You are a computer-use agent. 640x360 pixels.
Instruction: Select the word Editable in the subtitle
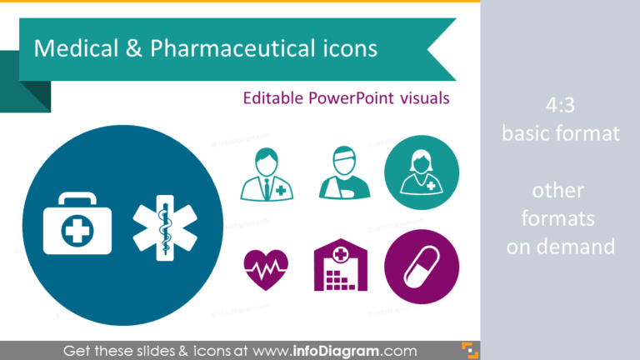(274, 97)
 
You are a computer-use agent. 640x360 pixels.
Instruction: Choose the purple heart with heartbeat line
(266, 267)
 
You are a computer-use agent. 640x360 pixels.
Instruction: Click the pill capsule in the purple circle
(421, 267)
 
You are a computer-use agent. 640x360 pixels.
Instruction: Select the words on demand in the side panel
(560, 247)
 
